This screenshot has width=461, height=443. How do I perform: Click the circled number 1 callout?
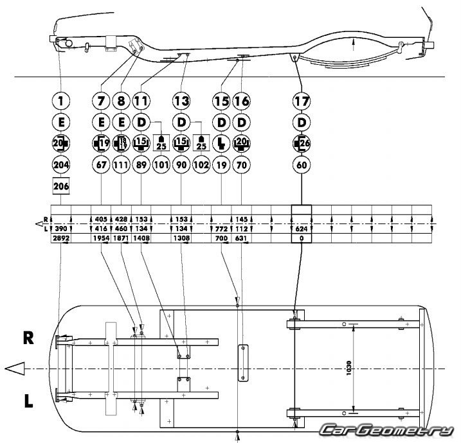(x=59, y=101)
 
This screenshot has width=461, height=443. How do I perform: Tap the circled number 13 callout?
(x=181, y=101)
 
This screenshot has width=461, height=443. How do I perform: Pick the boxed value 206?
(x=59, y=186)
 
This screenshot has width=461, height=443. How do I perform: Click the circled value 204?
(x=59, y=164)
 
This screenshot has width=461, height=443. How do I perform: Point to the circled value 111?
(x=122, y=164)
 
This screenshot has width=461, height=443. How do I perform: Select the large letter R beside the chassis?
(x=30, y=337)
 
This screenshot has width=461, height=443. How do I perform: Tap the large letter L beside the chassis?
(x=30, y=402)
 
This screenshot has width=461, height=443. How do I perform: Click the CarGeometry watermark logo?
(x=388, y=430)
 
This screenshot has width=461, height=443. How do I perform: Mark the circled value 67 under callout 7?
(x=102, y=164)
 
